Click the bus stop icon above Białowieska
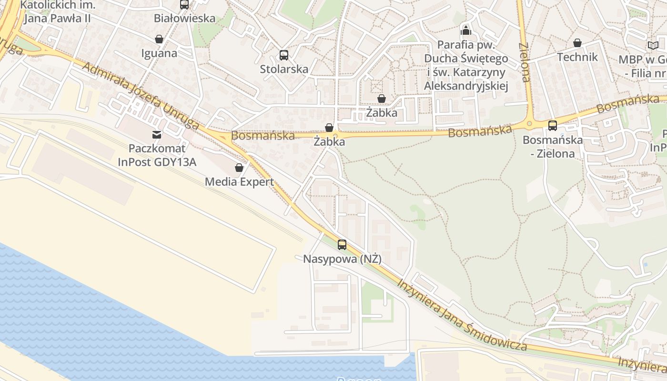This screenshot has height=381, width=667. pos(184,5)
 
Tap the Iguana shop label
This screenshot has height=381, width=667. pos(159,53)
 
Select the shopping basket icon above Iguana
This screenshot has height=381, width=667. pos(159,39)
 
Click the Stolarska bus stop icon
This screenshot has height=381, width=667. pos(284,55)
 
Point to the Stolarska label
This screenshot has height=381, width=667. pos(284,69)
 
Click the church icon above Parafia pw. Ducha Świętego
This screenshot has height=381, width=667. pos(466,31)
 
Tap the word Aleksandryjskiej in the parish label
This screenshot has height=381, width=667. pos(466,86)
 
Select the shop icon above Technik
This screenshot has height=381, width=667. pos(577,43)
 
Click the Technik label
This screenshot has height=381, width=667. pos(577,57)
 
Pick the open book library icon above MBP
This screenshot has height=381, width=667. pos(652,46)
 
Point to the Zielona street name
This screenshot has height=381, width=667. pos(524,62)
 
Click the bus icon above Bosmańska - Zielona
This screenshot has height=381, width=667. pos(553,126)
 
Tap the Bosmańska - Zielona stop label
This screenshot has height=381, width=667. pos(553,147)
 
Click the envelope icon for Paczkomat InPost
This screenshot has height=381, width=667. pos(157,135)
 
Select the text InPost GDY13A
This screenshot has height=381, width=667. pos(157,162)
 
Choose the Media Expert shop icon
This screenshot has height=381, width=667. pos(239,168)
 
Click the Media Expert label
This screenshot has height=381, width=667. pos(239,182)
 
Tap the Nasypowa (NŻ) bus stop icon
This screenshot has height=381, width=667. pos(342,245)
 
